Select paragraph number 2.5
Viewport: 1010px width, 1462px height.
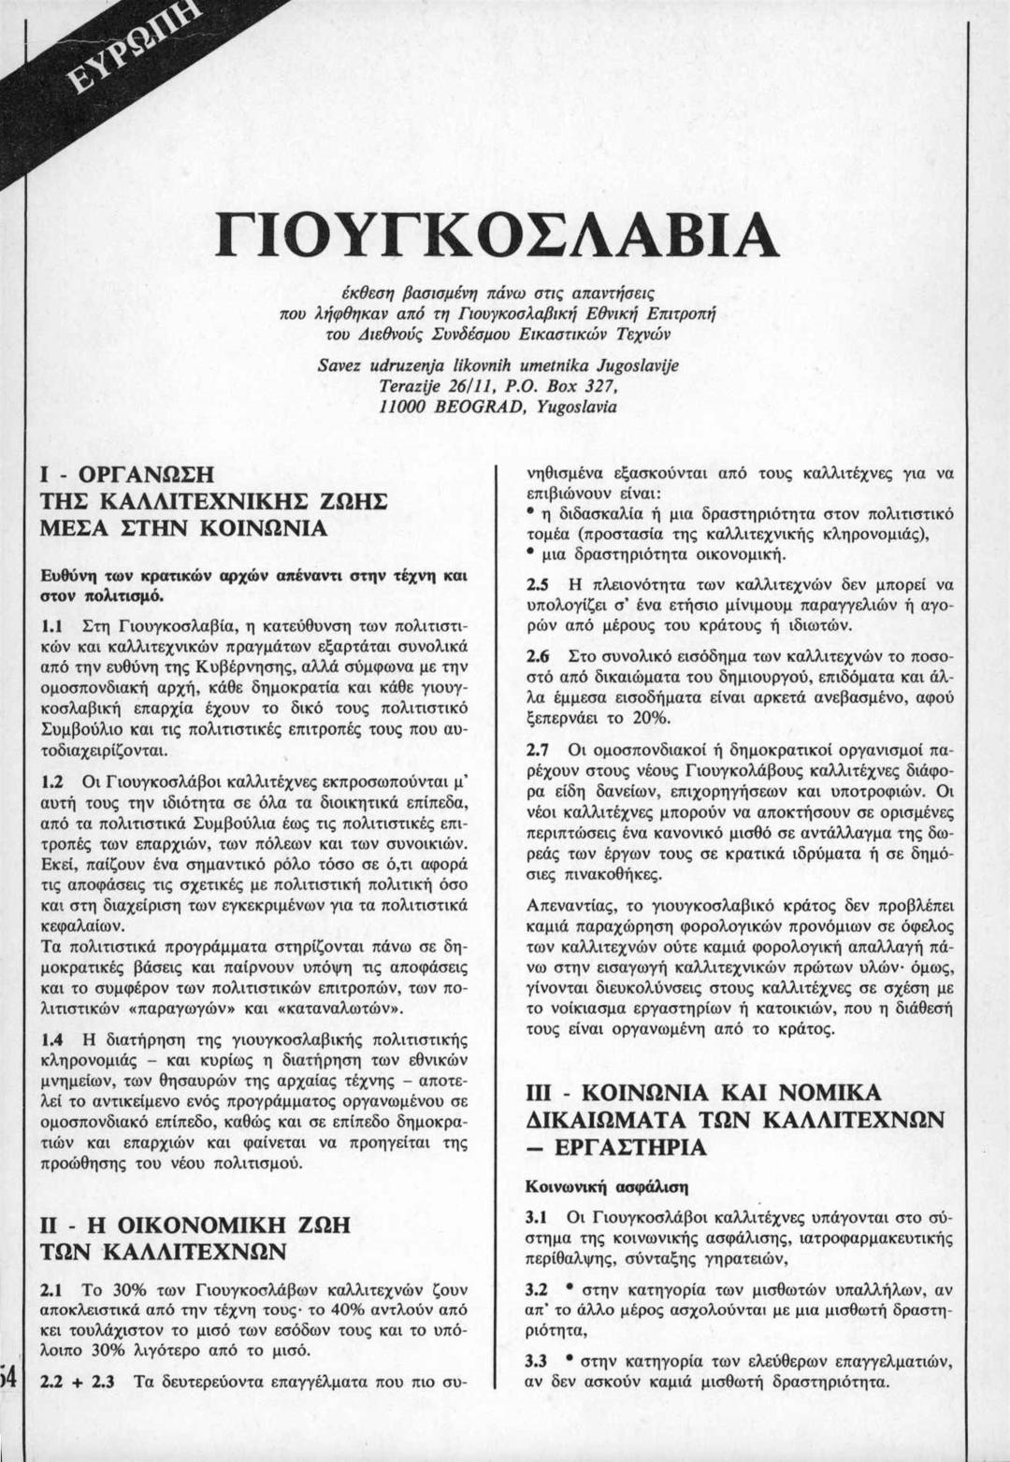(537, 585)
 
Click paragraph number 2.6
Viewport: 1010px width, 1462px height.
(537, 656)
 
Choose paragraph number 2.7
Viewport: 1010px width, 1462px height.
(537, 750)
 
